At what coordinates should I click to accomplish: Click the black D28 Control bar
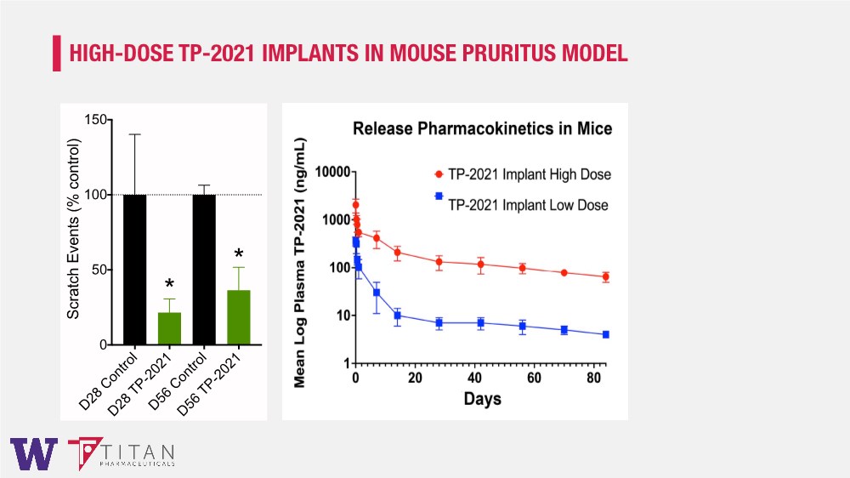click(x=134, y=270)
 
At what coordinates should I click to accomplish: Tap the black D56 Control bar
click(x=204, y=270)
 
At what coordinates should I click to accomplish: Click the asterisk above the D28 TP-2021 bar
click(x=169, y=285)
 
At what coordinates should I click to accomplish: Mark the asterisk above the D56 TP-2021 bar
click(x=239, y=254)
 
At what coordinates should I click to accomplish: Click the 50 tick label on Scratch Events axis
click(x=99, y=270)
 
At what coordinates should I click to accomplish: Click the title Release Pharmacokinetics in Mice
click(x=482, y=129)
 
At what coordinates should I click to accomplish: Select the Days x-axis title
click(x=482, y=398)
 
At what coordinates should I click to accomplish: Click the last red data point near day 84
click(x=606, y=276)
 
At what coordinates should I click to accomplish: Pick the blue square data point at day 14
click(x=397, y=316)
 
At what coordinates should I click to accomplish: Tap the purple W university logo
click(x=34, y=454)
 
